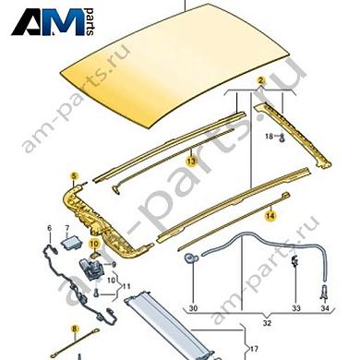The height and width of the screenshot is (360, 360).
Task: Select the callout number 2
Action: (261, 82)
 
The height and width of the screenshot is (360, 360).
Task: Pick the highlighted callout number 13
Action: (191, 161)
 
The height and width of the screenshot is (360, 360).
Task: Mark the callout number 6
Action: (50, 227)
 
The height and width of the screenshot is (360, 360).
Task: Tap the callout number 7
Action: (67, 227)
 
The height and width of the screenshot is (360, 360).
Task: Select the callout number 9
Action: (114, 266)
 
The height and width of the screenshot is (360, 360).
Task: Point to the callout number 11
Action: (126, 286)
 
